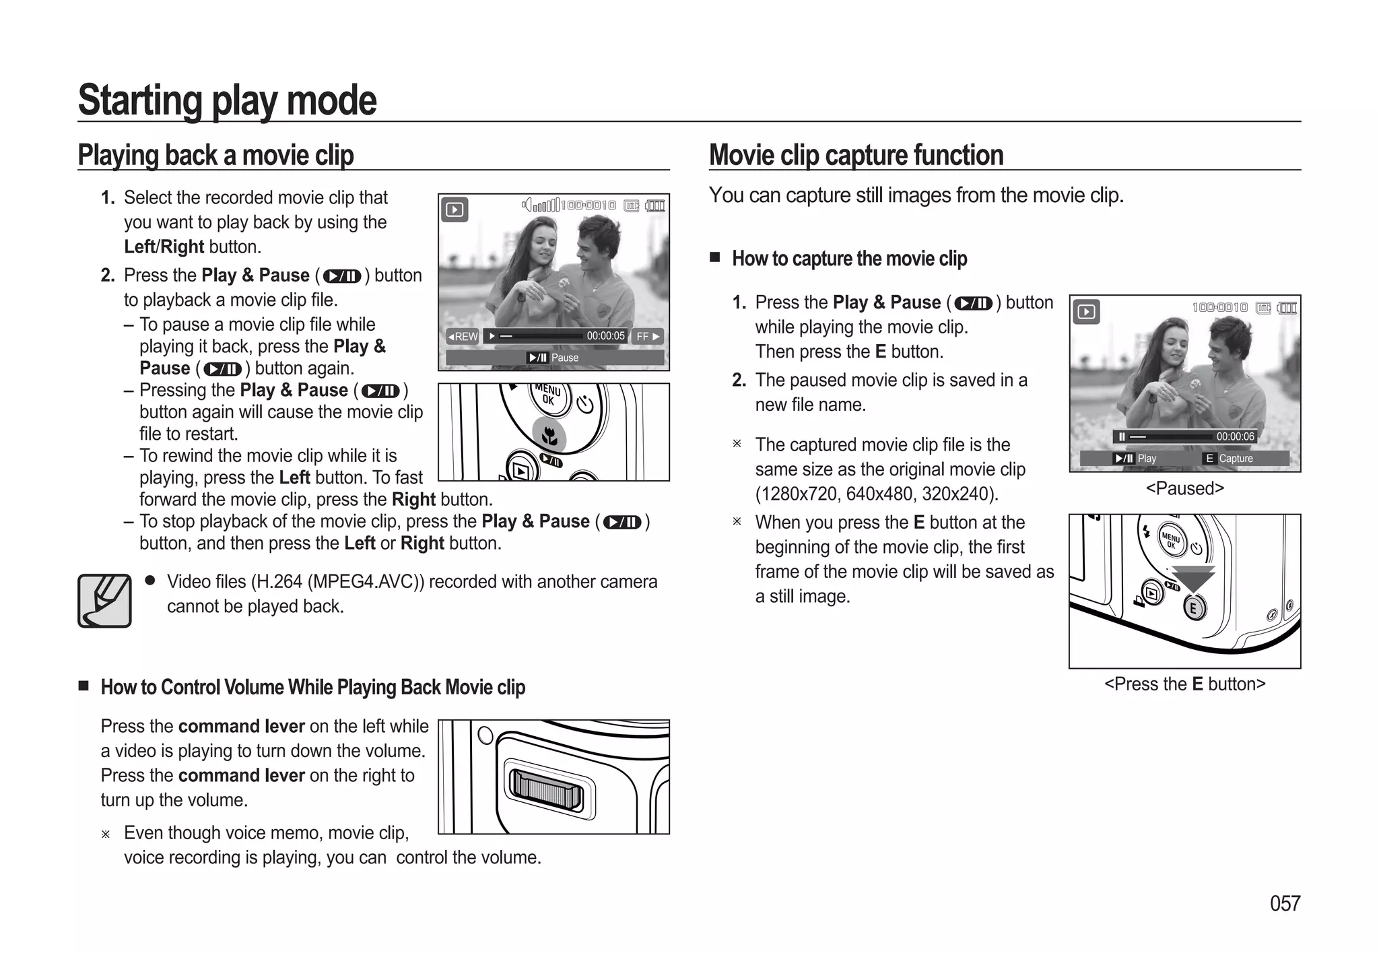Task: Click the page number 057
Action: click(1285, 903)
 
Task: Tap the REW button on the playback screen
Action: click(462, 336)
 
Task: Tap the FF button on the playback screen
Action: click(648, 336)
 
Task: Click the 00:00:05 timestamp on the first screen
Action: click(605, 335)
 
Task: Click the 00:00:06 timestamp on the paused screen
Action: click(1235, 436)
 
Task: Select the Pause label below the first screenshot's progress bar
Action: click(564, 358)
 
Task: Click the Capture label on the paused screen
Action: click(1236, 459)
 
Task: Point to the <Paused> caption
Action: click(1184, 488)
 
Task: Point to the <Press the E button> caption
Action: click(1184, 684)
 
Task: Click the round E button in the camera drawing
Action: click(1194, 609)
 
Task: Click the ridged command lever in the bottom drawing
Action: click(546, 789)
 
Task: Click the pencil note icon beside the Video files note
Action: click(104, 601)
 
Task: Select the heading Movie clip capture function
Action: click(856, 155)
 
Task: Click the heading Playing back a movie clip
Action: click(215, 155)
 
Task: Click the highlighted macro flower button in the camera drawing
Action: click(549, 436)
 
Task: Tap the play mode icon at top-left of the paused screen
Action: click(1085, 312)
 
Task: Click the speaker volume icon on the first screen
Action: click(528, 205)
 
